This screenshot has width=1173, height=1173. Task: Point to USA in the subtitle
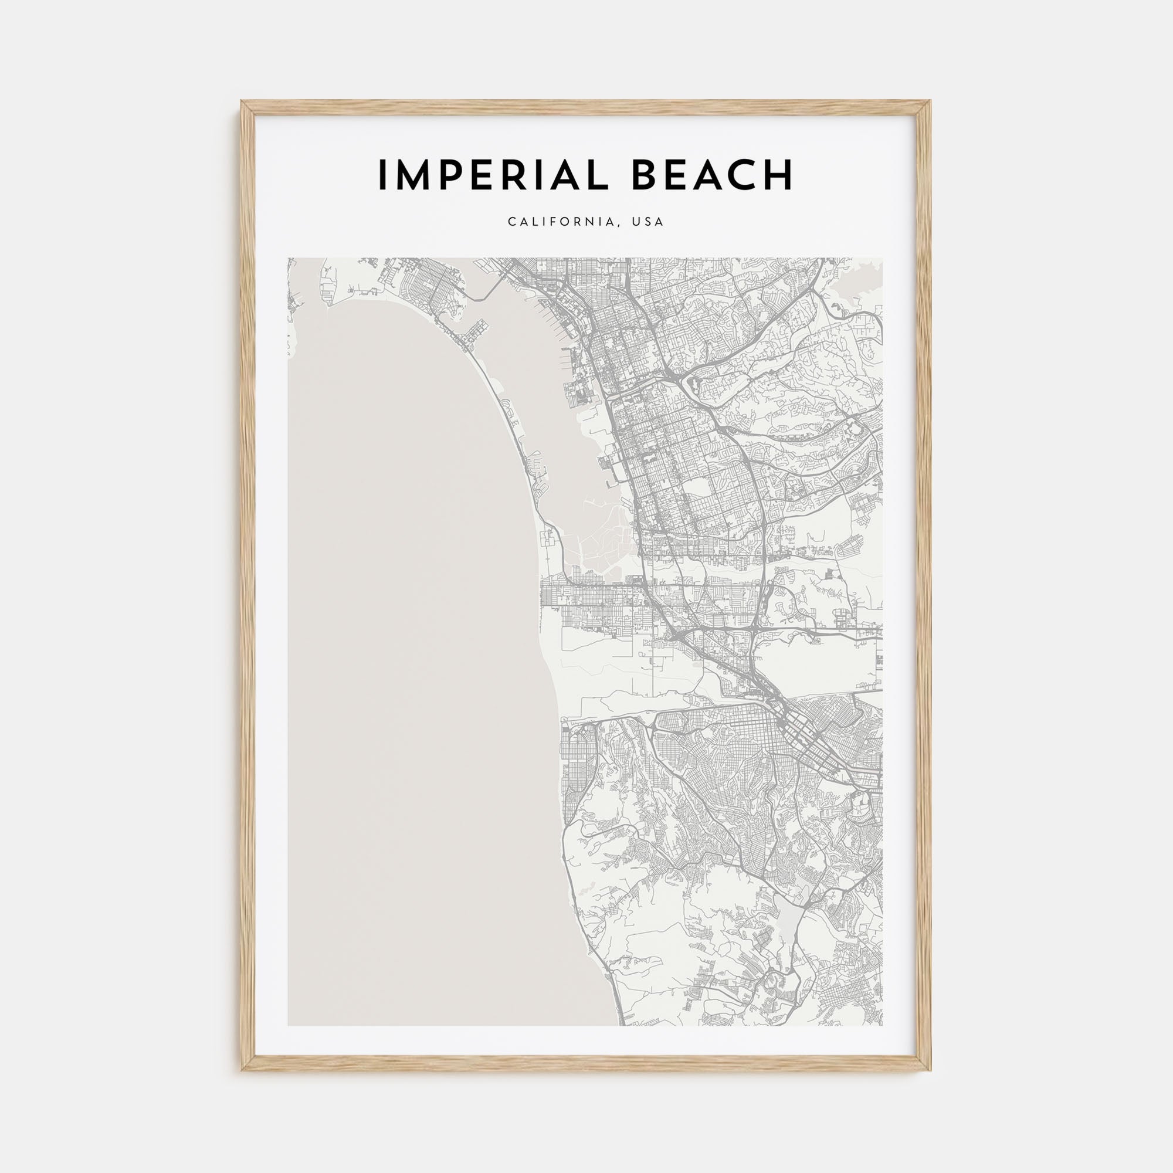click(648, 222)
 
